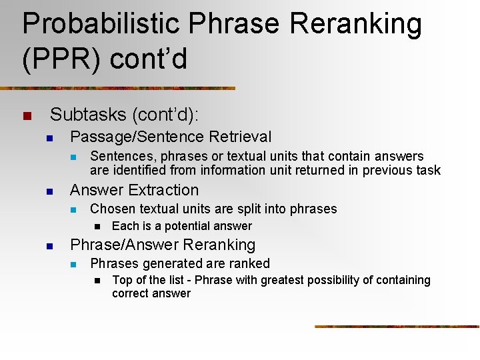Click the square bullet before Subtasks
[27, 116]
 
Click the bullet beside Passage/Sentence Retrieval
[49, 138]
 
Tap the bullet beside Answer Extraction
[49, 191]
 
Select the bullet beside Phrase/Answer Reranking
[49, 246]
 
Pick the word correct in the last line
[131, 293]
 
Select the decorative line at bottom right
[397, 326]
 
